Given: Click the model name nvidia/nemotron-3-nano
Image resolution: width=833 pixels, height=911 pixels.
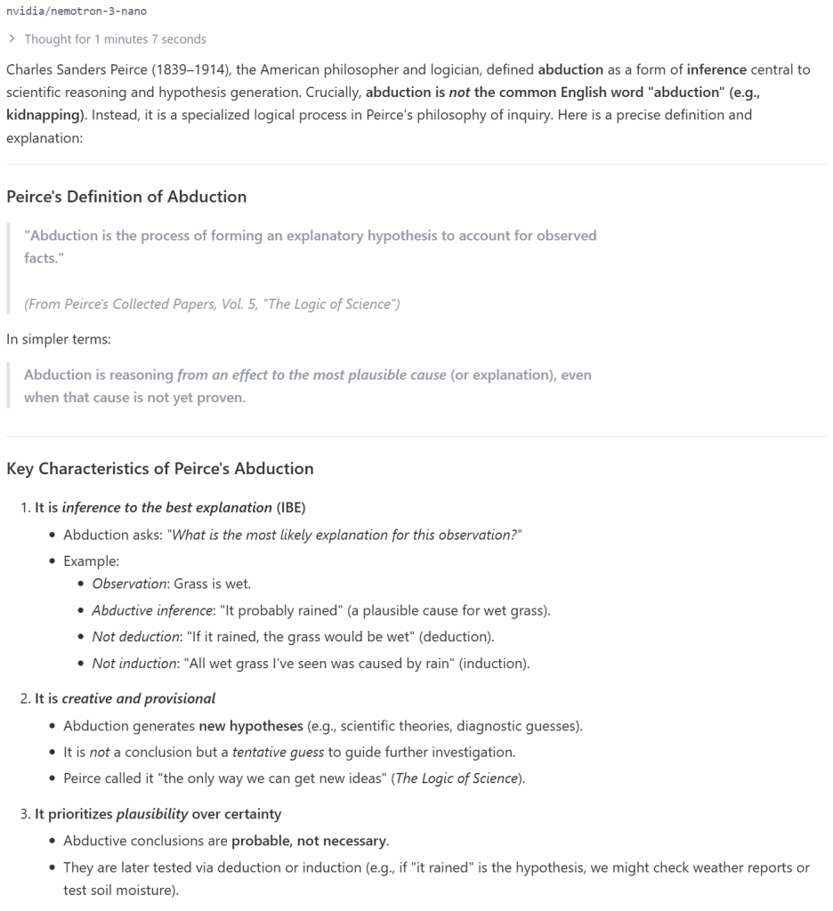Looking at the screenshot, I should (x=77, y=11).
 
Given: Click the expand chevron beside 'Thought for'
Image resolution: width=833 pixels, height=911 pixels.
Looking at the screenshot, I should (x=12, y=39).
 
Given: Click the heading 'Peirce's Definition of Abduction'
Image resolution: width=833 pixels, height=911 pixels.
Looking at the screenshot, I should (x=126, y=197).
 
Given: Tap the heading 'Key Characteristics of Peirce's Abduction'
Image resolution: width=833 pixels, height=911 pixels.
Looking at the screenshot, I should (x=160, y=469).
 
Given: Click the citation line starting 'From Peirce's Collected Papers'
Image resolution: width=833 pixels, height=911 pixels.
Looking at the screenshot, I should (x=212, y=304).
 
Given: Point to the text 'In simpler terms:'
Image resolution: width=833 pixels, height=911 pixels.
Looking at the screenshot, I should (x=59, y=339).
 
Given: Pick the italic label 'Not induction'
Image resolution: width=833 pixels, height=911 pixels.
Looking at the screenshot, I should (x=133, y=664).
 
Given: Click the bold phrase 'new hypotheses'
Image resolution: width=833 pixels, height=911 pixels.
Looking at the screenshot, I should (x=251, y=726).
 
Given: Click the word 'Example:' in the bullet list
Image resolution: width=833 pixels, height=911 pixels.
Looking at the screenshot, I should (x=91, y=561).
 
